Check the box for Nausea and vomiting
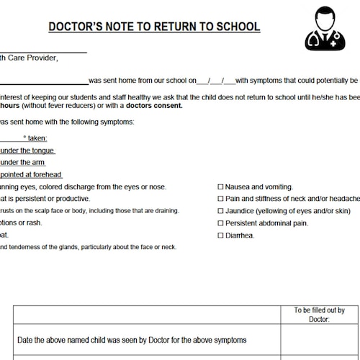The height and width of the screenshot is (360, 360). tap(220, 186)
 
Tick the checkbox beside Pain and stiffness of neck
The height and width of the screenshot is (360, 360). tap(220, 199)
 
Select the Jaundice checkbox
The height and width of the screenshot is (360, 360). tap(220, 211)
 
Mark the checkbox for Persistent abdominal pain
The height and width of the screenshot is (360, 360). tap(220, 223)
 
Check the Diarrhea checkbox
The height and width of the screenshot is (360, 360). tap(220, 235)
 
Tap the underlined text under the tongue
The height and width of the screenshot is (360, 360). tap(27, 150)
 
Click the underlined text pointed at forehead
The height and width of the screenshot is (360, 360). tap(31, 174)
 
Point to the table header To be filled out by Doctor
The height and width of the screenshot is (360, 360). tap(319, 315)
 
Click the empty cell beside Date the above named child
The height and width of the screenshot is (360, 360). tap(319, 340)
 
